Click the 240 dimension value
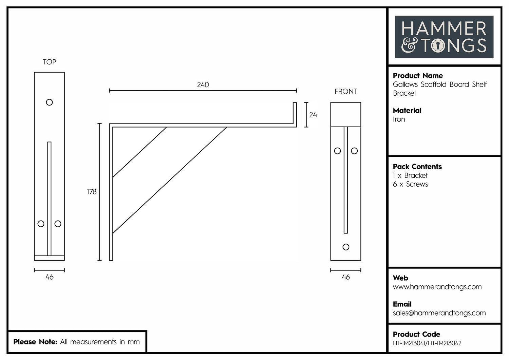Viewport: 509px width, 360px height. click(203, 85)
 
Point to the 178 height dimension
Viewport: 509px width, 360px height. click(92, 192)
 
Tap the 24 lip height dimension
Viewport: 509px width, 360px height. click(313, 115)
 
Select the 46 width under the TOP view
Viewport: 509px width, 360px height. click(50, 277)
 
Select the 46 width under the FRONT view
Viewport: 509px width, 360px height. click(346, 277)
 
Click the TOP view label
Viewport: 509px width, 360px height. click(50, 62)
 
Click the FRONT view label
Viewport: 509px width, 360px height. click(346, 91)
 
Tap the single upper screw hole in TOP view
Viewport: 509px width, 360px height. click(50, 102)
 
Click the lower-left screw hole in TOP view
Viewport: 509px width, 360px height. click(41, 224)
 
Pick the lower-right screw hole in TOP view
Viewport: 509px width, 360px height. click(58, 224)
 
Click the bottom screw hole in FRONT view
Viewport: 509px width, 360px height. click(346, 247)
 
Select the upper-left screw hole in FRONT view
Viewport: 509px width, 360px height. click(337, 151)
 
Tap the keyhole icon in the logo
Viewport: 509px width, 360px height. click(438, 45)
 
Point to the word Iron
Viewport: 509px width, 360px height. click(399, 119)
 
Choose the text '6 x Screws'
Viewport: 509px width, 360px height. click(410, 184)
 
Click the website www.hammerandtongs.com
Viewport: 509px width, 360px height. click(437, 287)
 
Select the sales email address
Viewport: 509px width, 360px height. click(439, 313)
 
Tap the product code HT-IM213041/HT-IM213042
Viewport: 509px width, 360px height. click(427, 343)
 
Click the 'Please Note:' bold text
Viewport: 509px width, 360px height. click(35, 342)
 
